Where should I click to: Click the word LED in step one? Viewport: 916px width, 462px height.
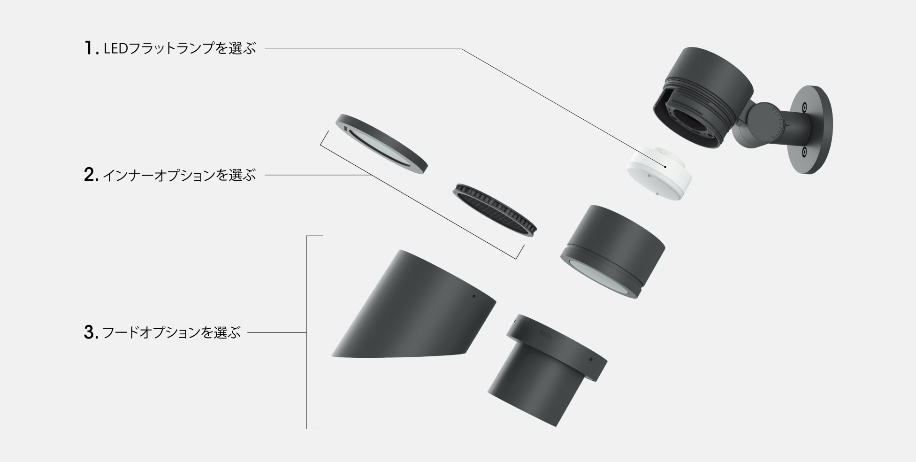tap(115, 48)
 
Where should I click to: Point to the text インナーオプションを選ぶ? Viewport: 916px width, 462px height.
tap(179, 175)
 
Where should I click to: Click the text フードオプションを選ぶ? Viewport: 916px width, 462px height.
tap(171, 333)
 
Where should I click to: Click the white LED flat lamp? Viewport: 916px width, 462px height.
tap(661, 172)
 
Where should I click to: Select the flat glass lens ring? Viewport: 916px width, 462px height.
tap(382, 144)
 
